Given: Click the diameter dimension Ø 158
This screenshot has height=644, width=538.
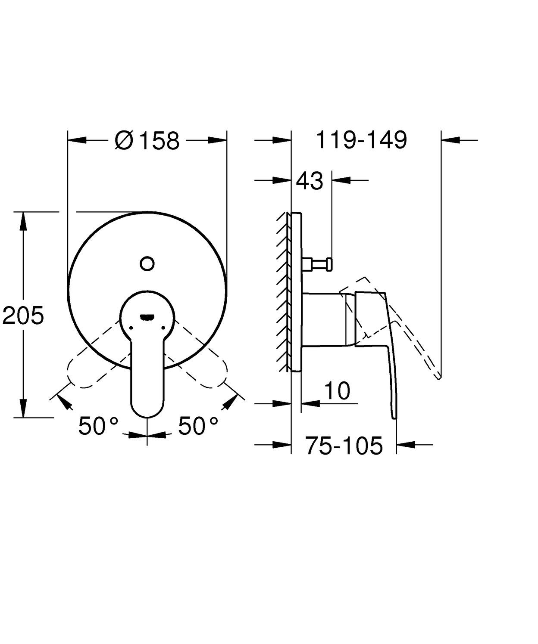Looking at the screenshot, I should pos(147,140).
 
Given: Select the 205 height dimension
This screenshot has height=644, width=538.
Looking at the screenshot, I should pos(23,316).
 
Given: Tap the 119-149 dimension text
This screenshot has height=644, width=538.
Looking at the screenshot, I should pos(361,140).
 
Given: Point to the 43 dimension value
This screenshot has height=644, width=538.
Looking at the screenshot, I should pos(310,181).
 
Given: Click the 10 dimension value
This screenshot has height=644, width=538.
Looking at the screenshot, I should pos(337,391).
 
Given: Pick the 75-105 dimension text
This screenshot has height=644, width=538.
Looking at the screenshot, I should pos(344,446).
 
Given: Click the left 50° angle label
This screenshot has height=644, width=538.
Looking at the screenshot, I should pos(98,426).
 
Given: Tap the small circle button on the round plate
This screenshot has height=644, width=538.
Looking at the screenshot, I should pos(147,263).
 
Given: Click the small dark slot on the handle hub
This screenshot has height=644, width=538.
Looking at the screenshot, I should pos(147,317).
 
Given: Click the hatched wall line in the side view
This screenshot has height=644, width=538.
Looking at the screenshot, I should pos(283,293).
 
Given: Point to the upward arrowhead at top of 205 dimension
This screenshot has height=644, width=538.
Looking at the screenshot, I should pos(23,220).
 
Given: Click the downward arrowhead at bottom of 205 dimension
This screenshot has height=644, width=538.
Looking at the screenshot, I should pos(23,409).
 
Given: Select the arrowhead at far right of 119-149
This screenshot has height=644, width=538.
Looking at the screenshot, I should pos(450,140).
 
